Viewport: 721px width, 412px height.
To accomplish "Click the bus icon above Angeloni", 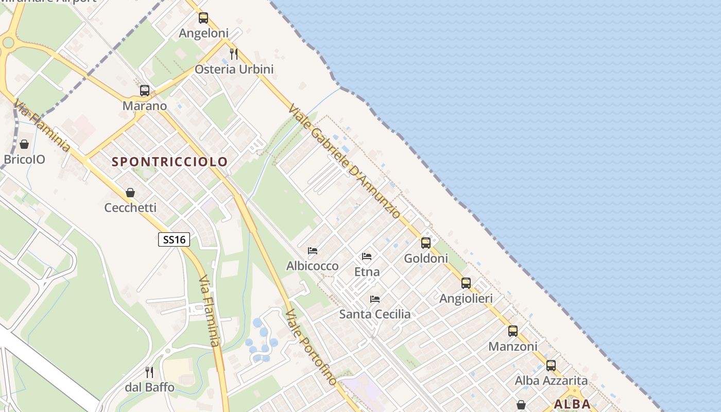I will [203, 18].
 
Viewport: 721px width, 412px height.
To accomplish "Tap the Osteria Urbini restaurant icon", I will [234, 54].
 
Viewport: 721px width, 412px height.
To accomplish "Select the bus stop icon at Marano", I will [145, 91].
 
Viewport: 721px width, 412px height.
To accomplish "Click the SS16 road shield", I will [174, 239].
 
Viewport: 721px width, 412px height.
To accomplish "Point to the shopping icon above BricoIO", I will [24, 144].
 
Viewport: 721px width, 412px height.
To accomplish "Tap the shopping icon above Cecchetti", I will [130, 193].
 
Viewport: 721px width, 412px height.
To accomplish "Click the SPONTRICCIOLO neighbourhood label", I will [170, 162].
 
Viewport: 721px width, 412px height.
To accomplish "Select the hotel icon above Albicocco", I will [313, 251].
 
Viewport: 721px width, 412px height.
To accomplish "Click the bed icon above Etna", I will [367, 256].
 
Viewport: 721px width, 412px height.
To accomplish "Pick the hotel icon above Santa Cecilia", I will [375, 299].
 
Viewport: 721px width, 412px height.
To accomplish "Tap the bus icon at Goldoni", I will [426, 243].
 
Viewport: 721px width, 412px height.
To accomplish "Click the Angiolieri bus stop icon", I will [466, 283].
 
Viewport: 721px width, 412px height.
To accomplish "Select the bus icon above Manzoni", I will [513, 331].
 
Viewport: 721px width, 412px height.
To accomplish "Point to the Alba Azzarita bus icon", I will [551, 366].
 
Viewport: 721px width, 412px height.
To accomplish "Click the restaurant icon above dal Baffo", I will [149, 372].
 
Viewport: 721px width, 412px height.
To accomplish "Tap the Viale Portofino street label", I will [312, 348].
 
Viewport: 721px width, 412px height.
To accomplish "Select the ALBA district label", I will [572, 404].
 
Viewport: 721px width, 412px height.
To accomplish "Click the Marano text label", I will [145, 106].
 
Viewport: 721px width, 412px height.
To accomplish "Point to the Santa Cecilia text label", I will [375, 314].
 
